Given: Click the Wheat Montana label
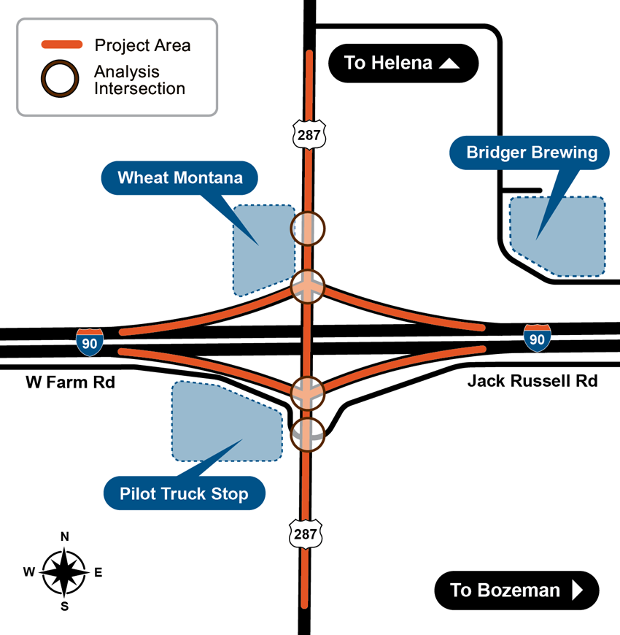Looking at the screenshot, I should pyautogui.click(x=180, y=177).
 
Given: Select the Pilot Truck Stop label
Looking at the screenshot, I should pyautogui.click(x=184, y=494).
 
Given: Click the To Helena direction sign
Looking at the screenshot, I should pyautogui.click(x=402, y=63).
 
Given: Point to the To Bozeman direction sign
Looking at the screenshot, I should pyautogui.click(x=516, y=590).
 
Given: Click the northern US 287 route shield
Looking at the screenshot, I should pyautogui.click(x=309, y=134).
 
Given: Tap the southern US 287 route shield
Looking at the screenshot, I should pyautogui.click(x=306, y=534).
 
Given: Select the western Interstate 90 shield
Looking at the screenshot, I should pyautogui.click(x=90, y=342).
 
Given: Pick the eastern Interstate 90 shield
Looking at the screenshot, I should pyautogui.click(x=537, y=339).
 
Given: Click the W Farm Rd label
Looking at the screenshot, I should pyautogui.click(x=71, y=382).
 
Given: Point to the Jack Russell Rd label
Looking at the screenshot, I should pyautogui.click(x=532, y=381).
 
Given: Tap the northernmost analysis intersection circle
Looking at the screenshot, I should pyautogui.click(x=308, y=228).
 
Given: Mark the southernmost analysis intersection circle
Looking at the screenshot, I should pyautogui.click(x=307, y=435).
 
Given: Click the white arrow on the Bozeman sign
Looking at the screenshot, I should pyautogui.click(x=578, y=590).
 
